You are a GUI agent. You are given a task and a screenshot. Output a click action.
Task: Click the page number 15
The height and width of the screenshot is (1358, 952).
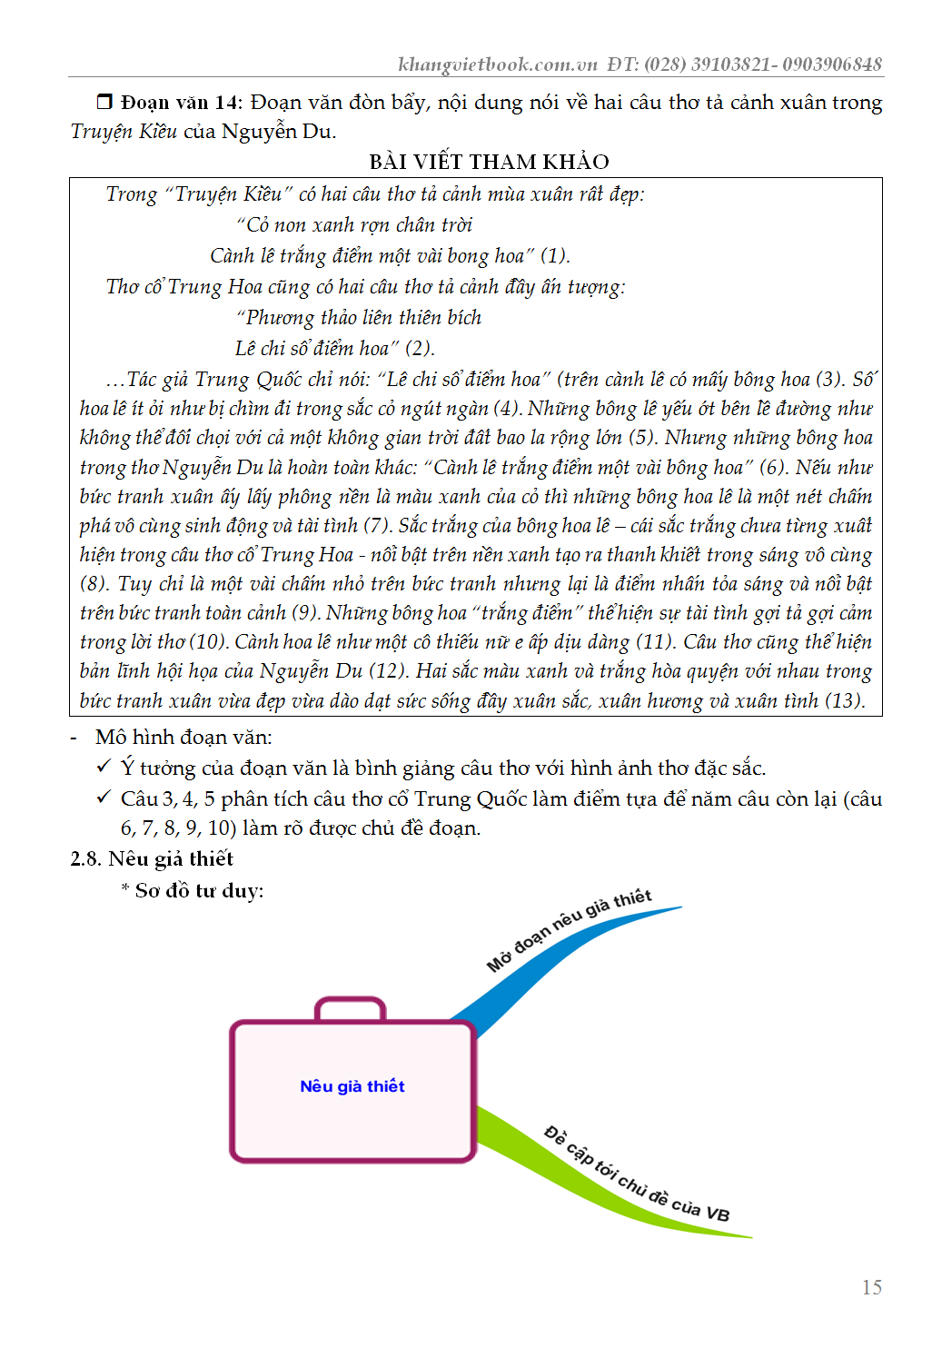pos(871,1287)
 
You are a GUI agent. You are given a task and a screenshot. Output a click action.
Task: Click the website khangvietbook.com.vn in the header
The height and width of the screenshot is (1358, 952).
pos(498,64)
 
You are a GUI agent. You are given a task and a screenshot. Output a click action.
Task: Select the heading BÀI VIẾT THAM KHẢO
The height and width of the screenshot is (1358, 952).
pos(489,162)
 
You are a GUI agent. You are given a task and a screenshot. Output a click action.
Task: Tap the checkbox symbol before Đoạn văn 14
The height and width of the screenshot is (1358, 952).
pos(104,102)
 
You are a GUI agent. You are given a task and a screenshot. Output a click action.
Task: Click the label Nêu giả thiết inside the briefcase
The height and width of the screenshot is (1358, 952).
pos(352,1086)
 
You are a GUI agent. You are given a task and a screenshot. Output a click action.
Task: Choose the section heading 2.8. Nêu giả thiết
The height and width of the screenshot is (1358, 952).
pos(152,858)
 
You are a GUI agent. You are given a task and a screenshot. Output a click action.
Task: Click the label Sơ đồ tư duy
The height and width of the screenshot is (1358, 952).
pos(199,890)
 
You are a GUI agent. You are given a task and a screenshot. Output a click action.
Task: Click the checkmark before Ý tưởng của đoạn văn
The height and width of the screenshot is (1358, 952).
pos(104,767)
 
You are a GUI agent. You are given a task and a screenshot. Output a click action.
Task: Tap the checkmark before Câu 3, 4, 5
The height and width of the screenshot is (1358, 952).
pos(104,798)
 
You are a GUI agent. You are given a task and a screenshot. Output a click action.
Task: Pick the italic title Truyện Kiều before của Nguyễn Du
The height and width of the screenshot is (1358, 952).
pos(124,132)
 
